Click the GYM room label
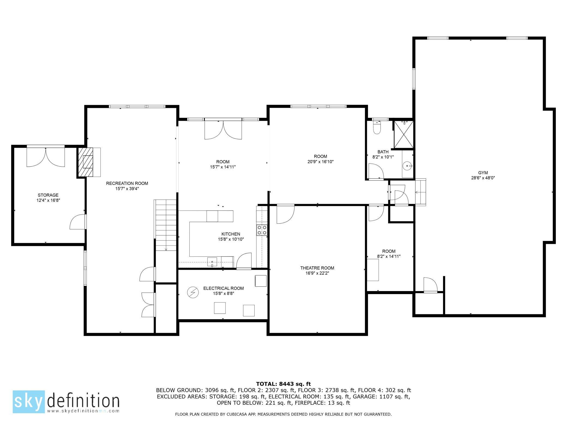[x=483, y=173]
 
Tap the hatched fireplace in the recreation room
[x=86, y=162]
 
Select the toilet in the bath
[x=377, y=128]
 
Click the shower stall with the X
[x=403, y=134]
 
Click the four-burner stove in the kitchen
[x=262, y=230]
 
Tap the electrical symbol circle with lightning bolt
[x=193, y=293]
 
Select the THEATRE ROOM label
[x=317, y=268]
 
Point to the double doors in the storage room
[x=46, y=157]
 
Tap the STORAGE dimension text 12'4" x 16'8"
[x=48, y=200]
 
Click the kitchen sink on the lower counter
[x=212, y=263]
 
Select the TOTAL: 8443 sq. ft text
[x=283, y=384]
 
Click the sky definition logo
[x=66, y=401]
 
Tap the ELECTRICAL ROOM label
[x=223, y=288]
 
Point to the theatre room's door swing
[x=285, y=214]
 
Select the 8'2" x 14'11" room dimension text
[x=389, y=256]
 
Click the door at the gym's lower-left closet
[x=430, y=285]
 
